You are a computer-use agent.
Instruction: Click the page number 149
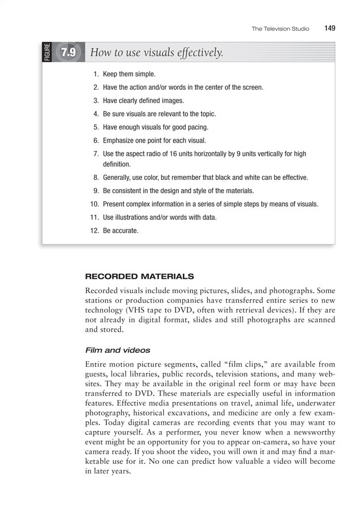click(329, 28)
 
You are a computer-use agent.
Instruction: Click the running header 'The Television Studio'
click(280, 29)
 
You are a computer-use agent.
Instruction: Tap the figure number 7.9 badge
click(68, 53)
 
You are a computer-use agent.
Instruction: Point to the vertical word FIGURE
click(47, 52)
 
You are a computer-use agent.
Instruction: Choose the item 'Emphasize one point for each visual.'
click(154, 140)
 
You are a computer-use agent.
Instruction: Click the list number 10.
click(95, 204)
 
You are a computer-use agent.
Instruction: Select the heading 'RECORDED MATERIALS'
click(139, 276)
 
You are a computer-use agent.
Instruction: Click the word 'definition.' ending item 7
click(117, 164)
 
